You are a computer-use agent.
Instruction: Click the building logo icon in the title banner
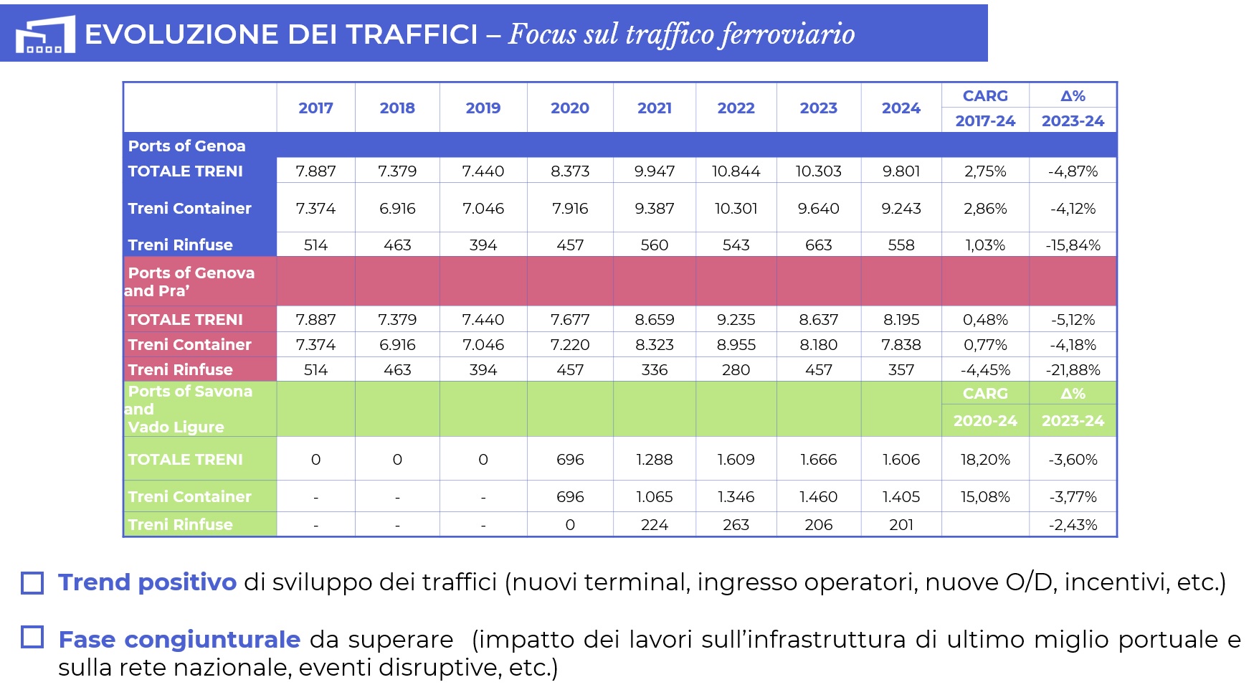click(x=45, y=34)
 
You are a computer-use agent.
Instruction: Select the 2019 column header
click(x=483, y=108)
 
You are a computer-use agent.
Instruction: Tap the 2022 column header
click(x=736, y=108)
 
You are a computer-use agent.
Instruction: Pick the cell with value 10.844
click(x=736, y=171)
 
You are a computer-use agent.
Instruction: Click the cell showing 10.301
click(x=736, y=209)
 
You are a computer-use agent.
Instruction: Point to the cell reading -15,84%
click(x=1073, y=245)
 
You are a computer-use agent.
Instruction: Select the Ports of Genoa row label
click(x=186, y=146)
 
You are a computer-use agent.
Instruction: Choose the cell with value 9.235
click(x=736, y=320)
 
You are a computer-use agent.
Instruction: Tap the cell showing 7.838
click(x=901, y=345)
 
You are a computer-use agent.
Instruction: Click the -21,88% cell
click(x=1073, y=370)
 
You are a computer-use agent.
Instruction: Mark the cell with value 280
click(x=736, y=370)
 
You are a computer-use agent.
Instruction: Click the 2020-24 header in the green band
click(x=985, y=421)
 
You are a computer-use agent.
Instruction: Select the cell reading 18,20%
click(x=985, y=460)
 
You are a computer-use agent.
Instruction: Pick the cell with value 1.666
click(x=818, y=460)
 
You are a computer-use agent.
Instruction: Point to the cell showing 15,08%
click(x=985, y=497)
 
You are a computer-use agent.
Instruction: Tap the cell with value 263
click(x=736, y=525)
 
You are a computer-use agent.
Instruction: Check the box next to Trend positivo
click(x=32, y=582)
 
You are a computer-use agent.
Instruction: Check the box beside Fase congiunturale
click(x=32, y=637)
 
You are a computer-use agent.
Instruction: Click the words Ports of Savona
click(x=190, y=392)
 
